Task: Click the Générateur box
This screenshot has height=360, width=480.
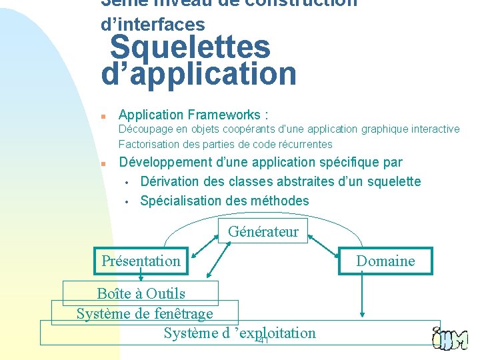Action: (263, 232)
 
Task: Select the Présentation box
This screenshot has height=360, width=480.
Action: (141, 261)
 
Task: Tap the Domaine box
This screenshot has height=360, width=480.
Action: (385, 261)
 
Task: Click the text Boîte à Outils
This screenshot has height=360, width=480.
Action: (141, 293)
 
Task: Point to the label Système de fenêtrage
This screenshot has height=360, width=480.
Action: (145, 313)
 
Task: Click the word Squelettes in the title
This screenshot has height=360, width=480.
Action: (190, 47)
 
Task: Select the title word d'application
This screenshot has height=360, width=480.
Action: (198, 73)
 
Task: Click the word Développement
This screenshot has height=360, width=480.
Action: (167, 162)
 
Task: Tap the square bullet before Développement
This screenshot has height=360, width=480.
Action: (103, 163)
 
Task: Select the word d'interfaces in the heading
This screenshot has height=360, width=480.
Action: (153, 25)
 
